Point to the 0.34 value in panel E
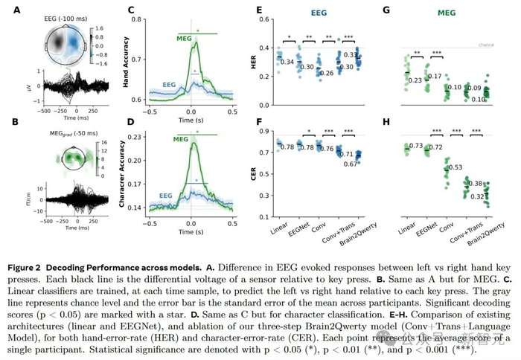point(286,62)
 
